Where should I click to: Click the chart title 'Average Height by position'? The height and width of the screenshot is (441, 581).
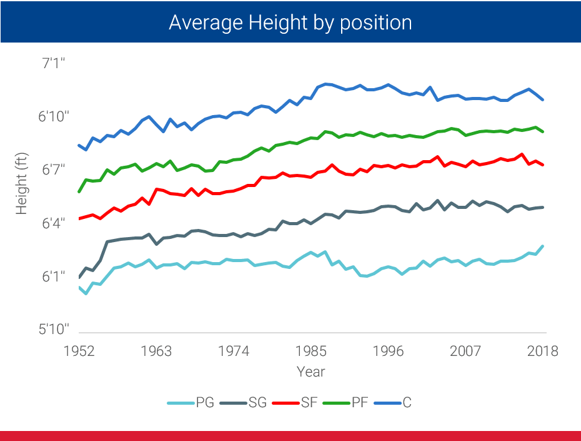tap(290, 23)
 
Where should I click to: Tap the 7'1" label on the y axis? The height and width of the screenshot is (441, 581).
tap(53, 63)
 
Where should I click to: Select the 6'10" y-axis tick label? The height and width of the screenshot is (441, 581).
tap(53, 116)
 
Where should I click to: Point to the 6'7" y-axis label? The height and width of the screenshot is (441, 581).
tap(53, 170)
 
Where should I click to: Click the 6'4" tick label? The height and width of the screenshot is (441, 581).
tap(53, 223)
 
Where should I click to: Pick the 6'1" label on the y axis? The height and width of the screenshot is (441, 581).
tap(53, 276)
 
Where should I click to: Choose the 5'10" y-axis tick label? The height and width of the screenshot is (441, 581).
tap(53, 329)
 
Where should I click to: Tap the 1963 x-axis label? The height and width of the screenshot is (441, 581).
tap(156, 350)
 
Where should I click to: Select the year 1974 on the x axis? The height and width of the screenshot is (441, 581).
tap(234, 350)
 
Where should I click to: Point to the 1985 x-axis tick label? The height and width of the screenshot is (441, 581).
tap(311, 350)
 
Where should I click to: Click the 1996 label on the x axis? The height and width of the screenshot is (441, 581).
tap(389, 350)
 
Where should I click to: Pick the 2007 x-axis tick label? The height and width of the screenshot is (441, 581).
tap(466, 350)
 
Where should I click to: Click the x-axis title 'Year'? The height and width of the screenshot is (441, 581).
tap(310, 372)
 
